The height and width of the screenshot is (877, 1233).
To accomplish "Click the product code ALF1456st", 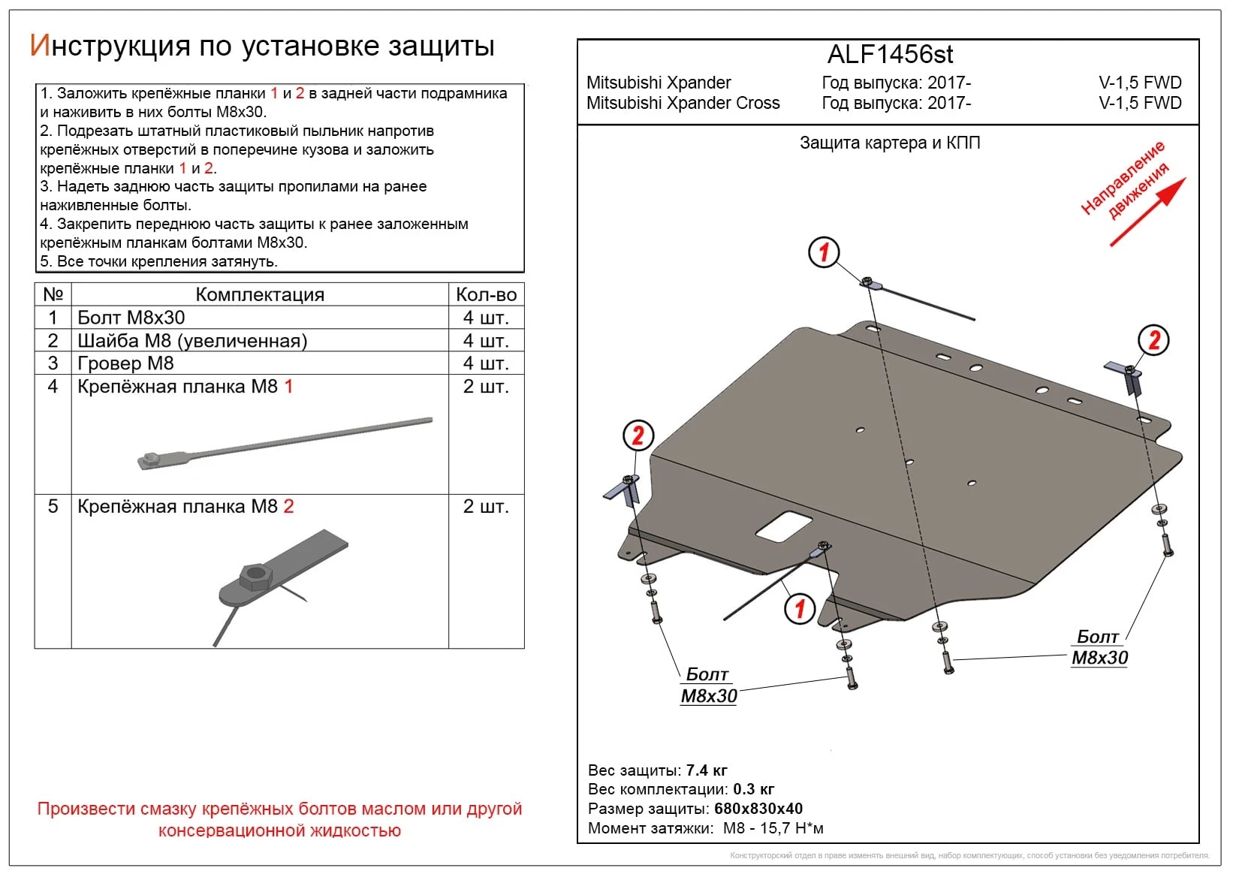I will point(890,55).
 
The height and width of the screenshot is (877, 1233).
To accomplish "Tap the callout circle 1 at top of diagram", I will point(824,252).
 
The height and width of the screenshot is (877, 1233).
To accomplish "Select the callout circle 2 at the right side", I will point(1153,340).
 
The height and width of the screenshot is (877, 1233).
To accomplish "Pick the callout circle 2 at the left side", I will point(638,435).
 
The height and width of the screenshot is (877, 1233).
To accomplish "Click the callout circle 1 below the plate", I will point(799,607).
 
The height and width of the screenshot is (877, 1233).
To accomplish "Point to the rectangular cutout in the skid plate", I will point(783,526).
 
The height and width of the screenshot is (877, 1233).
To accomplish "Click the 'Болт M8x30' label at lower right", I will point(1099,647).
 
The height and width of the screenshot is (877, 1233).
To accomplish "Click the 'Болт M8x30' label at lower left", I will point(708,685).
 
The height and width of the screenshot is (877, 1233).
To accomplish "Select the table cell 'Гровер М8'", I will point(125,363).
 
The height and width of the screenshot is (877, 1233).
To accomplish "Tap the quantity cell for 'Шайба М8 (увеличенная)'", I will point(485,341).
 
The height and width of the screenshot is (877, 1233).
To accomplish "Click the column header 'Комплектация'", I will point(260,294).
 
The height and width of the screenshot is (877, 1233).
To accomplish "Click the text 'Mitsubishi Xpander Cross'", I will point(683,103).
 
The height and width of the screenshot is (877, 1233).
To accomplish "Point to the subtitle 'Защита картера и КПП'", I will point(890,143).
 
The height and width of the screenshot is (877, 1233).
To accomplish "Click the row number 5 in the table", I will point(53,506).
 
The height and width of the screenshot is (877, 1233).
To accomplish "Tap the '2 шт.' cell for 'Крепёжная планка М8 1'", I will point(485,387).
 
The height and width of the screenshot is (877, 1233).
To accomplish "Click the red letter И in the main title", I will point(39,46).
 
